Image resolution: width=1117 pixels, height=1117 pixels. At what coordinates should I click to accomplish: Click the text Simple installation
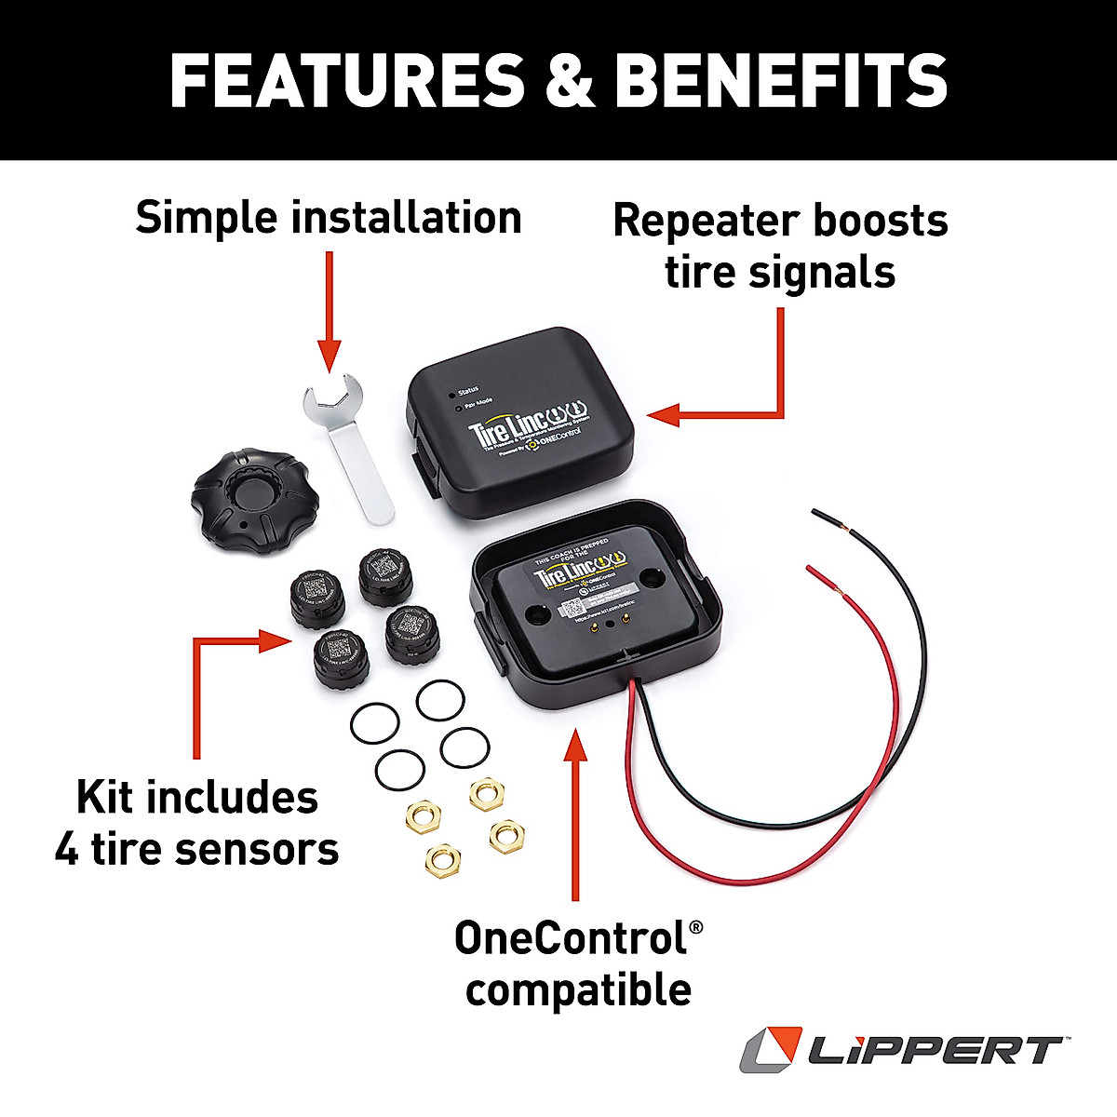point(328,218)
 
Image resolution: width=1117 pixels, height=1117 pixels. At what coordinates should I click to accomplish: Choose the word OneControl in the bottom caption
point(570,938)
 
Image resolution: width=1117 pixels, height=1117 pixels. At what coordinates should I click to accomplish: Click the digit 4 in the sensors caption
point(67,850)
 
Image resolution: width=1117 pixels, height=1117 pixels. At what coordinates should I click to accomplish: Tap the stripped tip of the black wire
point(823,518)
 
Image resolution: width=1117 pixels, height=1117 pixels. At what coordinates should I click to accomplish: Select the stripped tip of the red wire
point(819,573)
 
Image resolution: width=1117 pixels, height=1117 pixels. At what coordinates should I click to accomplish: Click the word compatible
point(578,989)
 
